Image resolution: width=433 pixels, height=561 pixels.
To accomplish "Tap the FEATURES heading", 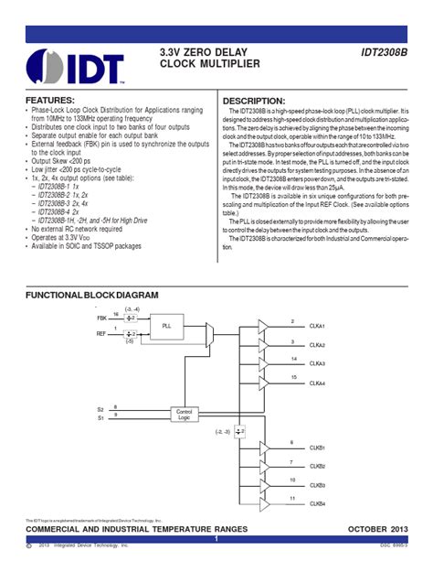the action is (x=50, y=99).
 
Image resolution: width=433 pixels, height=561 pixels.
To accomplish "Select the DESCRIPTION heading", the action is (x=255, y=101).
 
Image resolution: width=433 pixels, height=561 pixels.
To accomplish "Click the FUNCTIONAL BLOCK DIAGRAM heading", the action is (x=91, y=296).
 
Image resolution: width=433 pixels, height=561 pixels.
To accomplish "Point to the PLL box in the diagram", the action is (x=165, y=326).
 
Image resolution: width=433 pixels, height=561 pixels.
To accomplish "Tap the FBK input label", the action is (x=101, y=317).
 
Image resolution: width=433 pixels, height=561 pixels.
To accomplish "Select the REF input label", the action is (x=101, y=334).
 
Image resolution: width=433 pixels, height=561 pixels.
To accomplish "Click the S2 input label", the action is (x=100, y=408).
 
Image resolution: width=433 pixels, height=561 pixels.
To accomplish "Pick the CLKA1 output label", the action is (x=318, y=327).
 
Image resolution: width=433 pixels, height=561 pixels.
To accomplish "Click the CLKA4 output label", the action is (x=318, y=383).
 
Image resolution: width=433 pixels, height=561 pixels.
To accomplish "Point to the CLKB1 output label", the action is (x=318, y=448).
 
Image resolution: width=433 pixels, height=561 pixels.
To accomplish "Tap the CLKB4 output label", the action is (x=318, y=503).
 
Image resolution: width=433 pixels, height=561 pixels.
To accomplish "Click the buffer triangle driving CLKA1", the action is (x=264, y=326).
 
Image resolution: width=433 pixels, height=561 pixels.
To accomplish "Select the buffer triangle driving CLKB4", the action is (x=264, y=502).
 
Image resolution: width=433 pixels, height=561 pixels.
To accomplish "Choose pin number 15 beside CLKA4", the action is (x=292, y=376).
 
